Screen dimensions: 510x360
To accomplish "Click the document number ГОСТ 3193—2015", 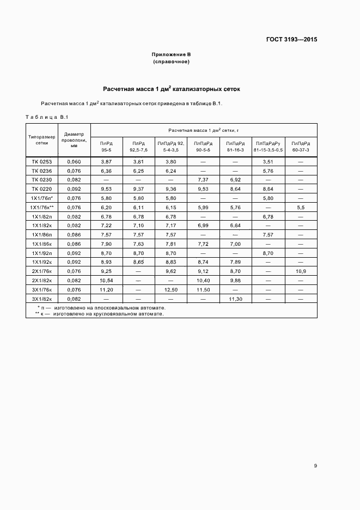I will pos(292,39).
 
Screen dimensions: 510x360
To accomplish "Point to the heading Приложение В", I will pos(171,56).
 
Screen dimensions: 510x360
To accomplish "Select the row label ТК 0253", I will pos(42,162).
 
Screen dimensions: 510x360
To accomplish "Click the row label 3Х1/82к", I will pos(42,299).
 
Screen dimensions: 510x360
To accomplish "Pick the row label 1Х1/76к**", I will pos(42,208).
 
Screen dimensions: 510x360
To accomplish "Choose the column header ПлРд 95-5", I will pos(106,146).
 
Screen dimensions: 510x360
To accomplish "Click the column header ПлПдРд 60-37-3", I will pos(301,146).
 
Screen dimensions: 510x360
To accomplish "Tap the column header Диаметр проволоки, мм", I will pos(74,140).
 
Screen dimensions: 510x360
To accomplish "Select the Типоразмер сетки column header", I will pos(42,140).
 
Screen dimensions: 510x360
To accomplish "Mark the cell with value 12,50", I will pos(170,290).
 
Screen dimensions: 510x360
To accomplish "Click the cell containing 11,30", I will pos(235,299).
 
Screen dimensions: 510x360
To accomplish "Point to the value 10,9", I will pos(301,271).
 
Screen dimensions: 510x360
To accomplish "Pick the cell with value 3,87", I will pos(106,162).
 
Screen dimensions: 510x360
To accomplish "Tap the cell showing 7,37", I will pos(203,180).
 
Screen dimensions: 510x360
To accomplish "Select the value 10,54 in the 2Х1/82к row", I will pos(106,281).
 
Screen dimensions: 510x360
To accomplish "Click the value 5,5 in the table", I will pos(301,208).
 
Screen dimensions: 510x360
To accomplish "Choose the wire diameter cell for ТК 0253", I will pos(74,162).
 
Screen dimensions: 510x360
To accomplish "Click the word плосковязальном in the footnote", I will pos(103,308).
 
